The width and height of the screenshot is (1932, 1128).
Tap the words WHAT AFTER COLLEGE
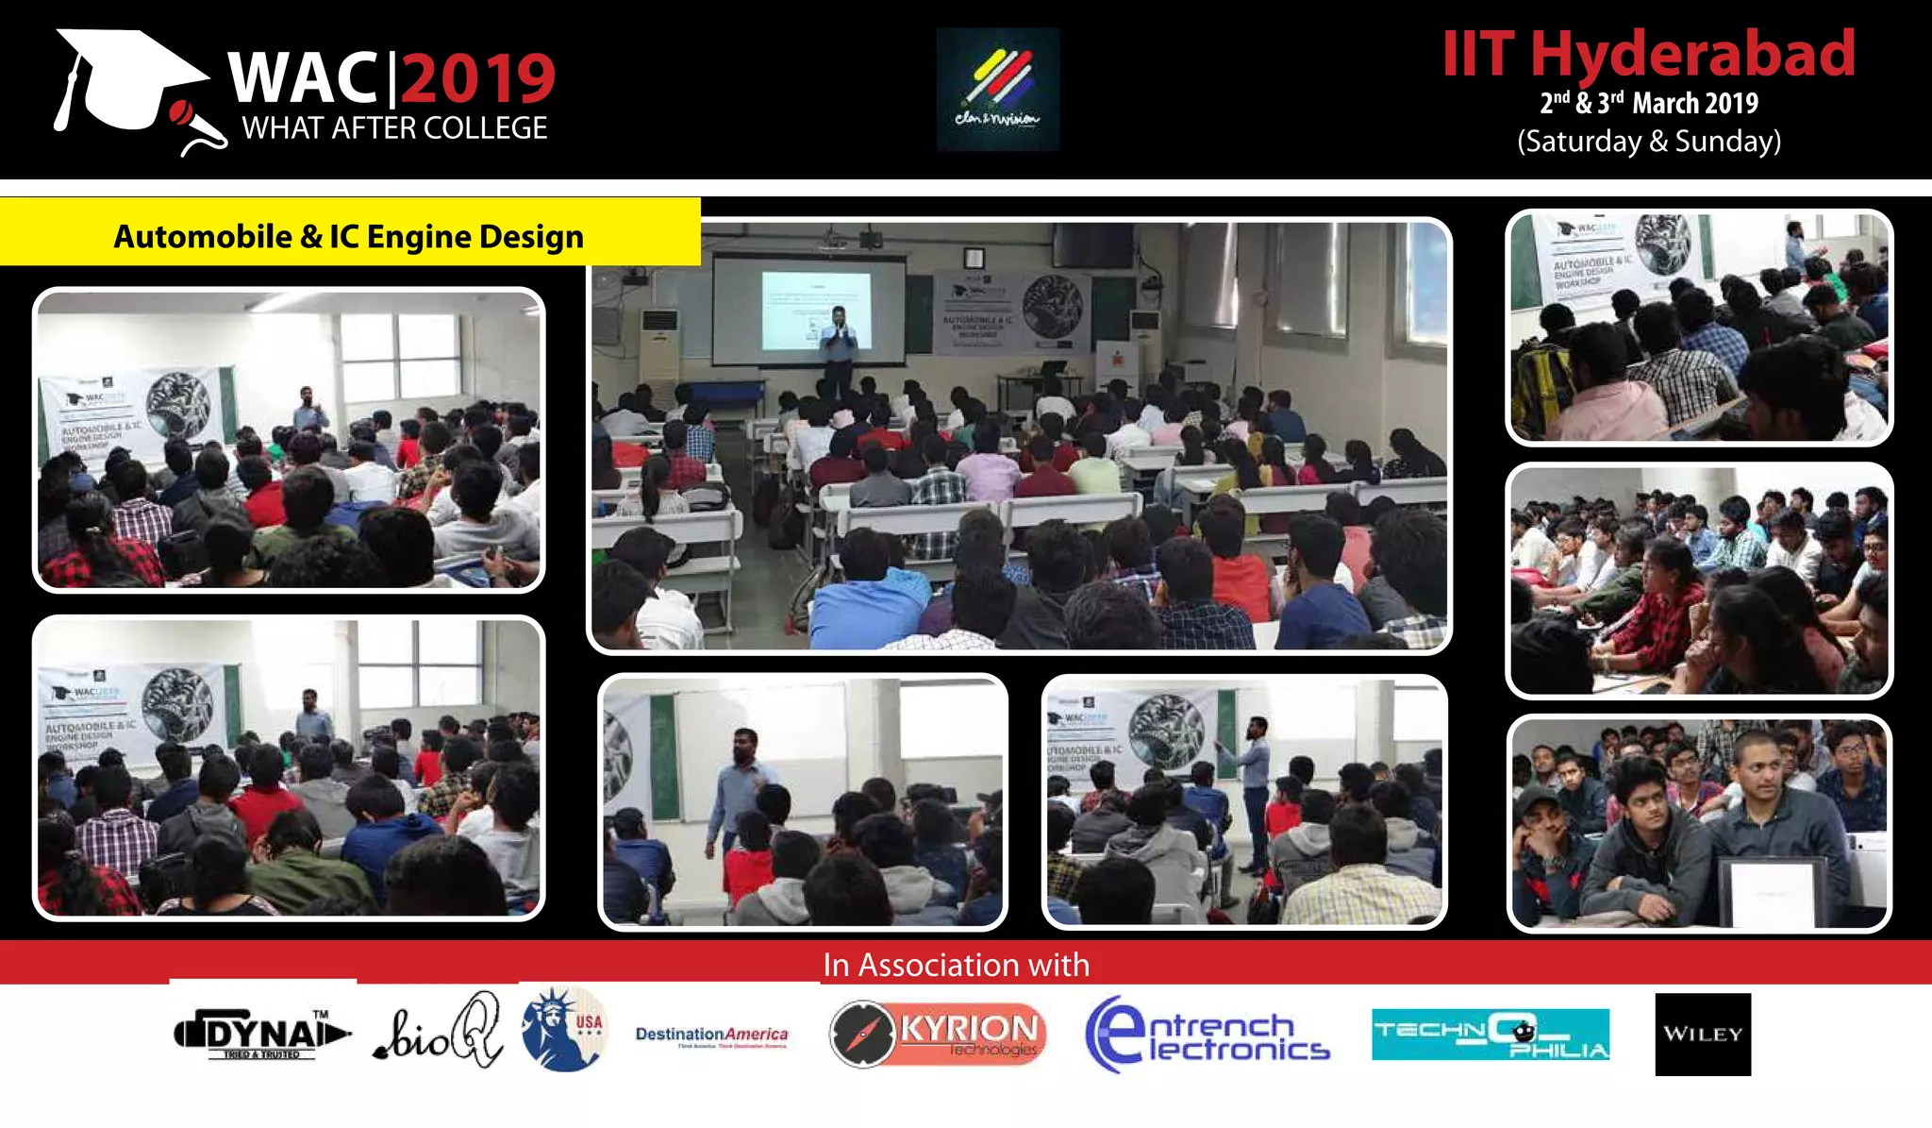click(x=394, y=128)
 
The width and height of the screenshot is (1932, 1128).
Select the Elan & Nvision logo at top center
click(x=997, y=90)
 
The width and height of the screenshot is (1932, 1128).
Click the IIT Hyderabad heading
click(x=1649, y=54)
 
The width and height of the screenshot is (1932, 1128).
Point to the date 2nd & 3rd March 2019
click(x=1649, y=103)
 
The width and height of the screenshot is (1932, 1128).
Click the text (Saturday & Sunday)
click(x=1649, y=142)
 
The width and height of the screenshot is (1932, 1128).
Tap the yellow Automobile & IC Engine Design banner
click(x=349, y=236)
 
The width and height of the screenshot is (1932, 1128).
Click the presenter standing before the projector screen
click(x=837, y=349)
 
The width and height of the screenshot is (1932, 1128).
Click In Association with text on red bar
click(x=956, y=965)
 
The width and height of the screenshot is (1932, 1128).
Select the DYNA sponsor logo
click(x=261, y=1035)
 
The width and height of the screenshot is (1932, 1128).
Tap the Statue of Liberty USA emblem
click(x=564, y=1029)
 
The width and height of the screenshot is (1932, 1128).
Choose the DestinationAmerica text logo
click(x=711, y=1035)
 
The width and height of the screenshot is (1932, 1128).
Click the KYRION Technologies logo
click(x=938, y=1035)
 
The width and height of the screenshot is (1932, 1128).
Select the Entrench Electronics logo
click(x=1207, y=1035)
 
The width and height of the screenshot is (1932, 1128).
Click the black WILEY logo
click(x=1703, y=1034)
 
